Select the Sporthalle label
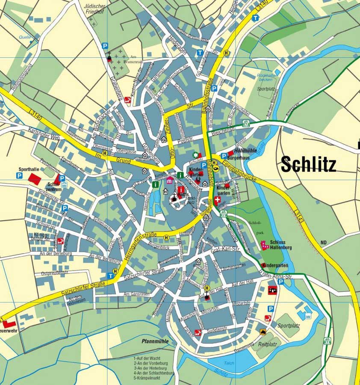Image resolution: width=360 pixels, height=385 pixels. pos(29,169)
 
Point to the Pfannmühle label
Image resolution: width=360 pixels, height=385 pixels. pos(155,341)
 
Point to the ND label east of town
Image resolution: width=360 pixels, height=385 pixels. pos(323,243)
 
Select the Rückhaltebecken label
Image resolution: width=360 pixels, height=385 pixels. pos(266,77)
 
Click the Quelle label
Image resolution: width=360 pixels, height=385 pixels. pos(24,37)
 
